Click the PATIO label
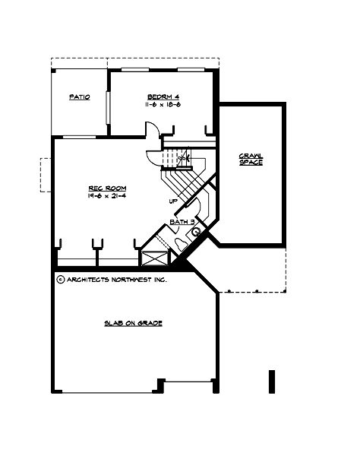point(80,97)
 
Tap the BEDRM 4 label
point(163,97)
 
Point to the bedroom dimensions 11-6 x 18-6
point(163,106)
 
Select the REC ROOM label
point(107,188)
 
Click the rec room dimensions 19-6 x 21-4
point(107,196)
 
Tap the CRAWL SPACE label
point(251,159)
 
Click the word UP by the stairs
point(174,201)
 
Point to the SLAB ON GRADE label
point(134,323)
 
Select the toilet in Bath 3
point(179,243)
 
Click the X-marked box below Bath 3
point(154,257)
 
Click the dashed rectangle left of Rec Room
point(45,175)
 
